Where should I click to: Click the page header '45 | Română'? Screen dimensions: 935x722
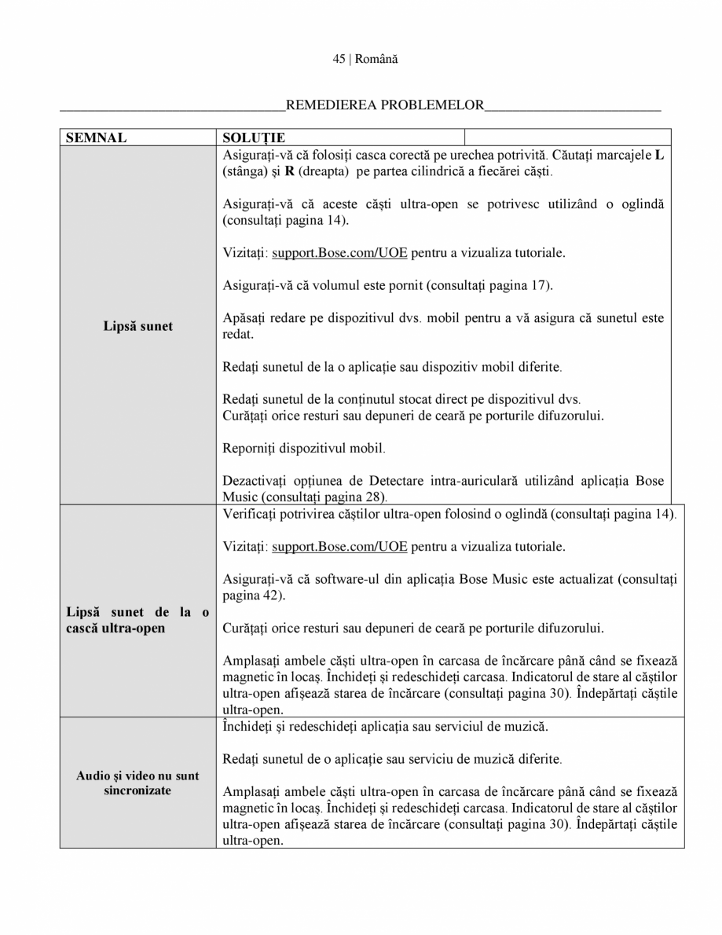[x=360, y=60]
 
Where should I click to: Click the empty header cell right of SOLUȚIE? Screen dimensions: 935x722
[x=567, y=138]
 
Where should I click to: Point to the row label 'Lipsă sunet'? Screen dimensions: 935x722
[x=137, y=326]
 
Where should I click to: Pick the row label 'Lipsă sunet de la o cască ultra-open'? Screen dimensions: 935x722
[x=137, y=621]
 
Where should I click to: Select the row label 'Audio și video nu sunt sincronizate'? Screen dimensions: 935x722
[x=137, y=783]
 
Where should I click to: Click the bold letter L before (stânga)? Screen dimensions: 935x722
[x=658, y=155]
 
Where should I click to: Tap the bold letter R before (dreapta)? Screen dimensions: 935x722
[x=289, y=170]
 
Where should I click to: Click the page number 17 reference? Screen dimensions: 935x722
[x=538, y=285]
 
